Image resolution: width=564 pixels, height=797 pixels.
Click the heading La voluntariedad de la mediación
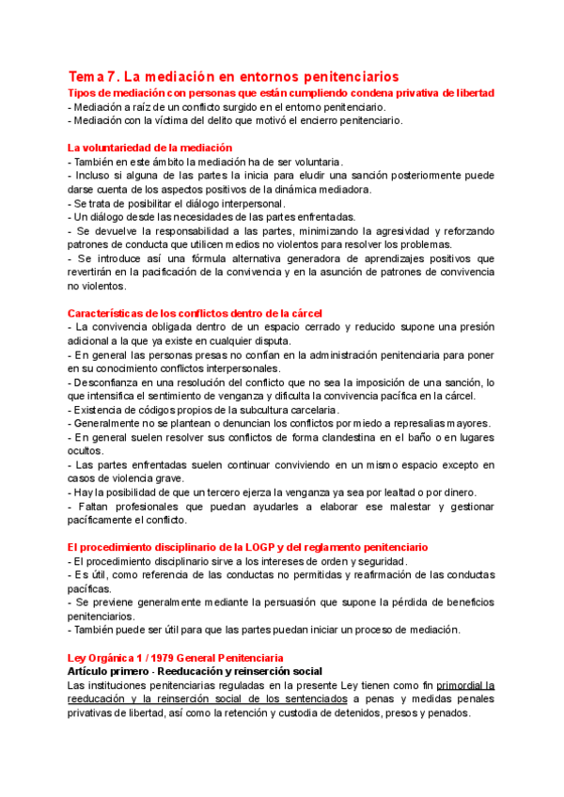149,148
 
